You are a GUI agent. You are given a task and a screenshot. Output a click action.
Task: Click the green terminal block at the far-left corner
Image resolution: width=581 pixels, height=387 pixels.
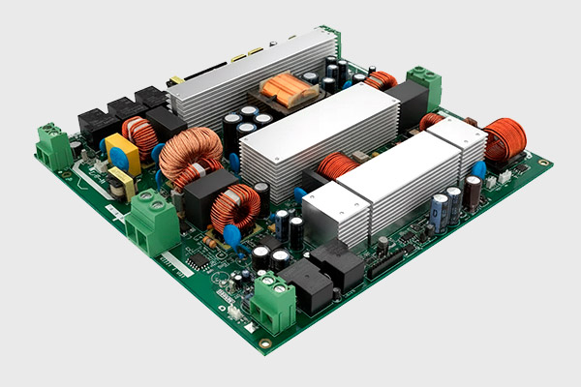(53, 145)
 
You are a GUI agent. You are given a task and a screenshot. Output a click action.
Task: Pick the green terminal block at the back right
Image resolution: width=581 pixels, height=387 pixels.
(422, 86)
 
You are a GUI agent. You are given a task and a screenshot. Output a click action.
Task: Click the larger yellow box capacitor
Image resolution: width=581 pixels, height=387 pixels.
(122, 153)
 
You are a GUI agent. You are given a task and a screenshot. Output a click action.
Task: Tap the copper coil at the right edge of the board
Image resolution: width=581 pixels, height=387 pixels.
(504, 137)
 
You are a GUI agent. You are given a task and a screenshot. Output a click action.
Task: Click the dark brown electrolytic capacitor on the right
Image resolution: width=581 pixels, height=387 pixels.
(472, 193)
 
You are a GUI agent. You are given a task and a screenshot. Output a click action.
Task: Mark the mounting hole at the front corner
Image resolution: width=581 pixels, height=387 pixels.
(264, 342)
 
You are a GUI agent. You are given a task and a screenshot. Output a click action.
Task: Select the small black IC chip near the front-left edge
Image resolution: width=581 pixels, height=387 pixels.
(197, 261)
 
